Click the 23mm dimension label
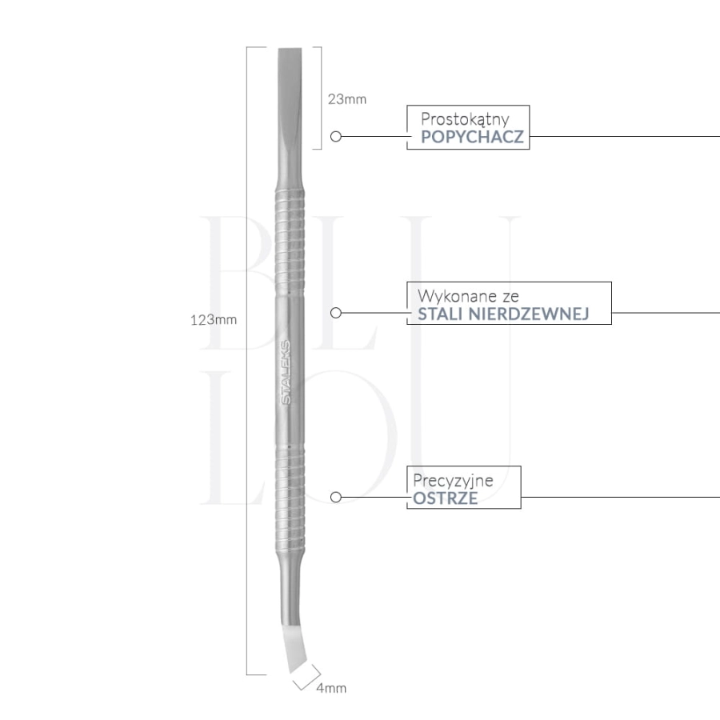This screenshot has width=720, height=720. (x=346, y=99)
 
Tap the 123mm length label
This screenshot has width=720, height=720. (x=214, y=319)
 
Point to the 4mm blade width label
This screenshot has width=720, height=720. (x=331, y=688)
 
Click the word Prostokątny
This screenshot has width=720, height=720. (x=465, y=119)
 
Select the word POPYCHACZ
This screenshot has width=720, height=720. (x=472, y=137)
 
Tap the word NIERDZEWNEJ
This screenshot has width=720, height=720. (x=529, y=314)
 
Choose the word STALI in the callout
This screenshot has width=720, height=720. (x=440, y=314)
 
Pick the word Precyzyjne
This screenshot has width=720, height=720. (x=453, y=480)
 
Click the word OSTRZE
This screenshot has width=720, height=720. (x=445, y=498)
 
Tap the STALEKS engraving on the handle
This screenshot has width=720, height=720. (x=286, y=372)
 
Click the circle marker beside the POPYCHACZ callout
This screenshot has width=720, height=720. (x=336, y=136)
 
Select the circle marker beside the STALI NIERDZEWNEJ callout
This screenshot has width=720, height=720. (x=336, y=313)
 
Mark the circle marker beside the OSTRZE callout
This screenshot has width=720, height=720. (x=336, y=497)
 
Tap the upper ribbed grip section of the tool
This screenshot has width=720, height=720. (x=290, y=241)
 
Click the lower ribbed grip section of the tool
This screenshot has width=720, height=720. (x=290, y=498)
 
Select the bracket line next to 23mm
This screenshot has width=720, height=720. (x=321, y=98)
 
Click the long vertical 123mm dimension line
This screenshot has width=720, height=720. (x=246, y=361)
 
